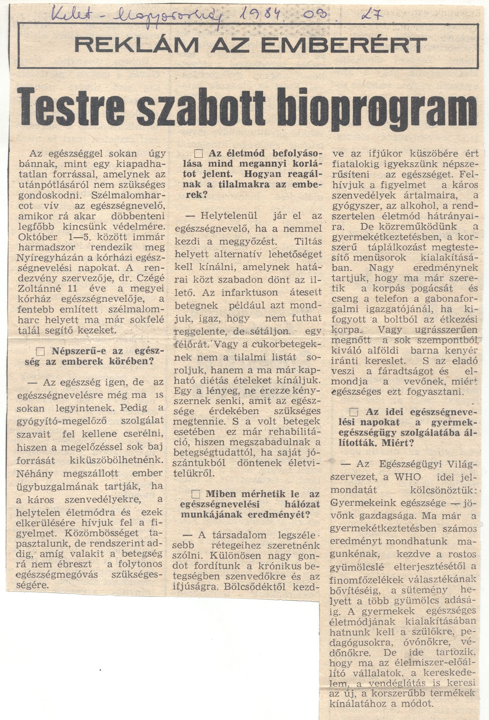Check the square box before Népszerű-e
tap(41, 351)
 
